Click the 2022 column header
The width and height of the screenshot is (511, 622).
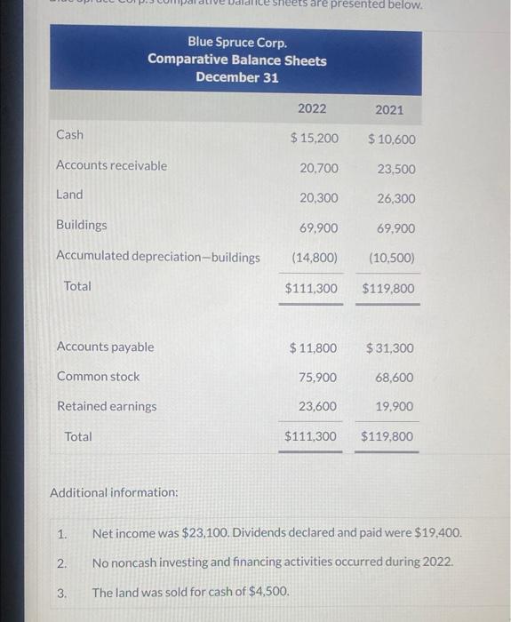(x=312, y=108)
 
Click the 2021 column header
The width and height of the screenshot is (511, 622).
(x=388, y=109)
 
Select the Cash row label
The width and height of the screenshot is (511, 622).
(x=69, y=135)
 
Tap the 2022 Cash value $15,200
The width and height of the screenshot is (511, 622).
(x=314, y=139)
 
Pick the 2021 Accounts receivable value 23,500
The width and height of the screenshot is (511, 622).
(x=395, y=169)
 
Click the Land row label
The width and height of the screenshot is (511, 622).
(x=69, y=195)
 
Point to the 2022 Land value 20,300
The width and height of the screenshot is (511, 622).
(x=318, y=198)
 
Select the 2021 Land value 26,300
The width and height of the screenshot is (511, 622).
(x=395, y=199)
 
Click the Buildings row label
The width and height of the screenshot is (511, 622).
(x=81, y=225)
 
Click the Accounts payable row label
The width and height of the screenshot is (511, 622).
(x=105, y=347)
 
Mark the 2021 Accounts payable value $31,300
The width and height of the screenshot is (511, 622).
(x=389, y=348)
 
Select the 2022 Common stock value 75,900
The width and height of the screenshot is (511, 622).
(x=318, y=378)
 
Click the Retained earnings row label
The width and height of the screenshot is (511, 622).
(x=107, y=406)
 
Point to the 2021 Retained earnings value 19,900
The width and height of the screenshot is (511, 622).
(x=395, y=407)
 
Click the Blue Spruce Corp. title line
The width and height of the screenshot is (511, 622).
(x=237, y=43)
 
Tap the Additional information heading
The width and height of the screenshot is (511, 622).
(x=114, y=492)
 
